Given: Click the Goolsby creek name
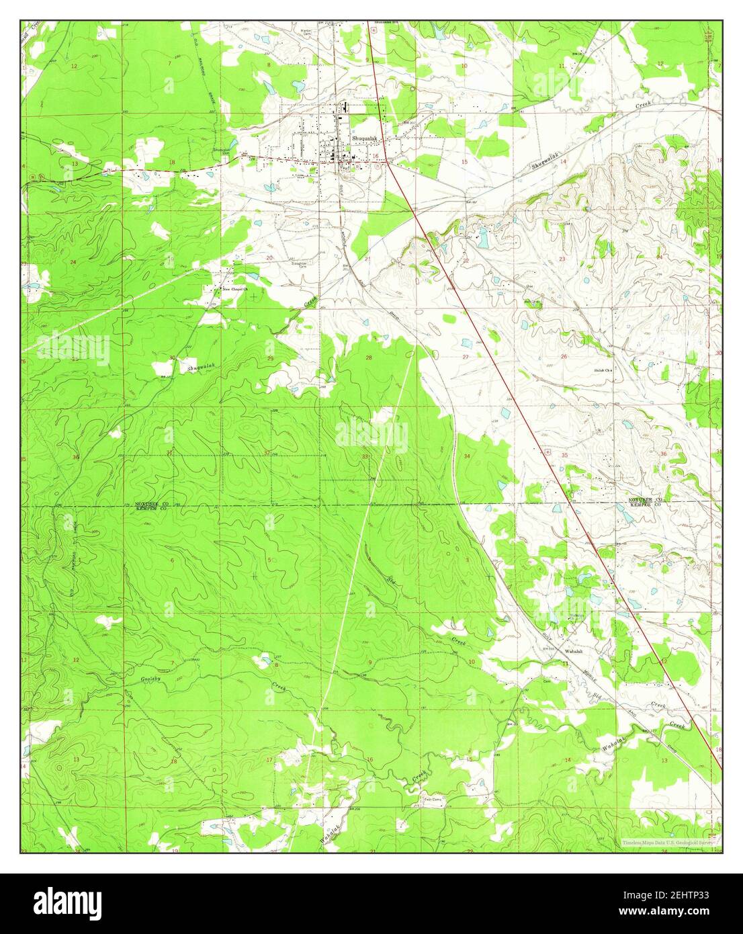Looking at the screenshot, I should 153,680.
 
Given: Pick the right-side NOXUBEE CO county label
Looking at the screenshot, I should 646,501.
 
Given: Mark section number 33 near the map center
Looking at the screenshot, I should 365,457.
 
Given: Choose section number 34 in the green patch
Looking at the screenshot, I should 466,456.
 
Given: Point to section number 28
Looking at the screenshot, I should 368,358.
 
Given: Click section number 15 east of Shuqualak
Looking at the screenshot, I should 464,163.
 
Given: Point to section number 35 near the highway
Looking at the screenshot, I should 564,456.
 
